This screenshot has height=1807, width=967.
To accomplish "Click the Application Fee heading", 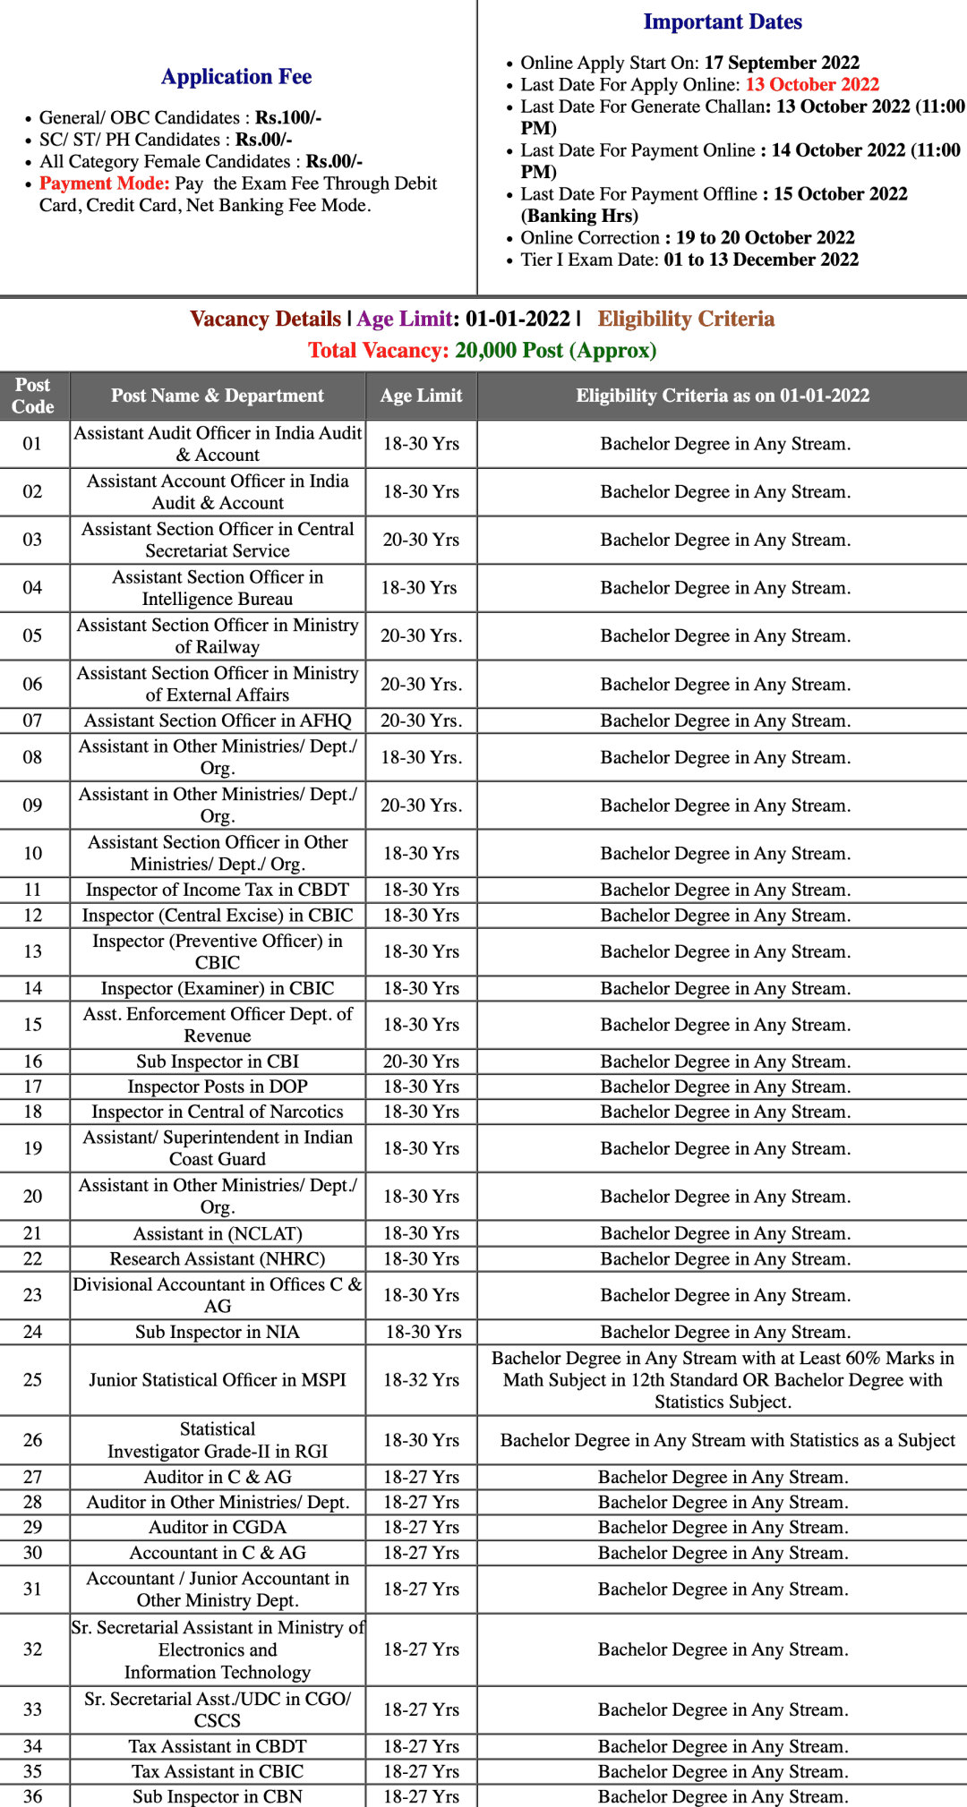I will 236,77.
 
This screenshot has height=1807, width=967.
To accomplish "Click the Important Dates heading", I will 723,21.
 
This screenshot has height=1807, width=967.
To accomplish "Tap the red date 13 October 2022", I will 812,84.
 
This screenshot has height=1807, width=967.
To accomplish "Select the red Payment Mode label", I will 104,183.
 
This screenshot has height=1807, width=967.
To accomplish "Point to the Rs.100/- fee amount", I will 288,118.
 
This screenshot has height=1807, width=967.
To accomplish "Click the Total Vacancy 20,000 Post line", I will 483,350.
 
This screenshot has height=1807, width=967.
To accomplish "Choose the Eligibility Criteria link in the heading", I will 686,320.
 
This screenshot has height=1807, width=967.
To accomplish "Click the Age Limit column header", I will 421,396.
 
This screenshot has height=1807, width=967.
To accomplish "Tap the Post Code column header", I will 33,396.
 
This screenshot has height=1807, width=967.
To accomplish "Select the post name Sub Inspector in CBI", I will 218,1061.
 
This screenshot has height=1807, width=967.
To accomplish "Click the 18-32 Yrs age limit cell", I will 421,1380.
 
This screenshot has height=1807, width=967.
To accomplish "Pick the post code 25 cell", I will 33,1380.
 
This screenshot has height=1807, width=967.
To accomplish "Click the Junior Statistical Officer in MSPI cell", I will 218,1380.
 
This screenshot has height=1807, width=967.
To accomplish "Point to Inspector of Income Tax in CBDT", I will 218,890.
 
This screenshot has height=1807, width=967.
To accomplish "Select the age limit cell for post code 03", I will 421,540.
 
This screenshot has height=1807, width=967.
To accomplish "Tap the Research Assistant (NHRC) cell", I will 218,1258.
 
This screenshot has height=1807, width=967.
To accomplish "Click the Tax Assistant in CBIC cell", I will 218,1771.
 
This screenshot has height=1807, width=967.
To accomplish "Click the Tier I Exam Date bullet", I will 689,260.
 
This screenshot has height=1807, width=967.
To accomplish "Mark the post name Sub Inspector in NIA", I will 218,1332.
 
